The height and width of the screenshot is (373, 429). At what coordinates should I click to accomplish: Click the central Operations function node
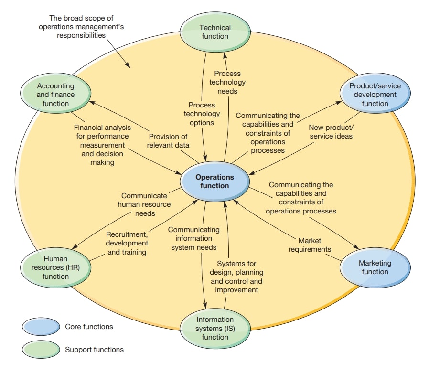click(x=215, y=181)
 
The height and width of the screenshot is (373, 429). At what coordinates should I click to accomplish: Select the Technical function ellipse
click(x=215, y=32)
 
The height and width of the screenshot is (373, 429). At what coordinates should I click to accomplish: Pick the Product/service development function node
click(x=375, y=95)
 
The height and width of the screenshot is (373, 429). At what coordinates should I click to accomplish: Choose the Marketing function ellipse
click(x=375, y=267)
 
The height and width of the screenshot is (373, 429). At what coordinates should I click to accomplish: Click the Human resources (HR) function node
click(x=56, y=267)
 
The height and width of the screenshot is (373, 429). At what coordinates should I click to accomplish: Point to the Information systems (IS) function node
click(x=215, y=328)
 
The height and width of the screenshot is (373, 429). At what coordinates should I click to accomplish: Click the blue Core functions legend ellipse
click(x=41, y=327)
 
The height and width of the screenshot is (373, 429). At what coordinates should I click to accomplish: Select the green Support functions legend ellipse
click(x=41, y=349)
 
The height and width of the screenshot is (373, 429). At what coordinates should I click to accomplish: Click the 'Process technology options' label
click(x=202, y=114)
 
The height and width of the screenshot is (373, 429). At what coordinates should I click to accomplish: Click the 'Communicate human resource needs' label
click(x=144, y=204)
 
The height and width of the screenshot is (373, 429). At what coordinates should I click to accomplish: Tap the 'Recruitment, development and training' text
click(x=127, y=243)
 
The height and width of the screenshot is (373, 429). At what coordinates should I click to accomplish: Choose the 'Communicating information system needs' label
click(x=193, y=238)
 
